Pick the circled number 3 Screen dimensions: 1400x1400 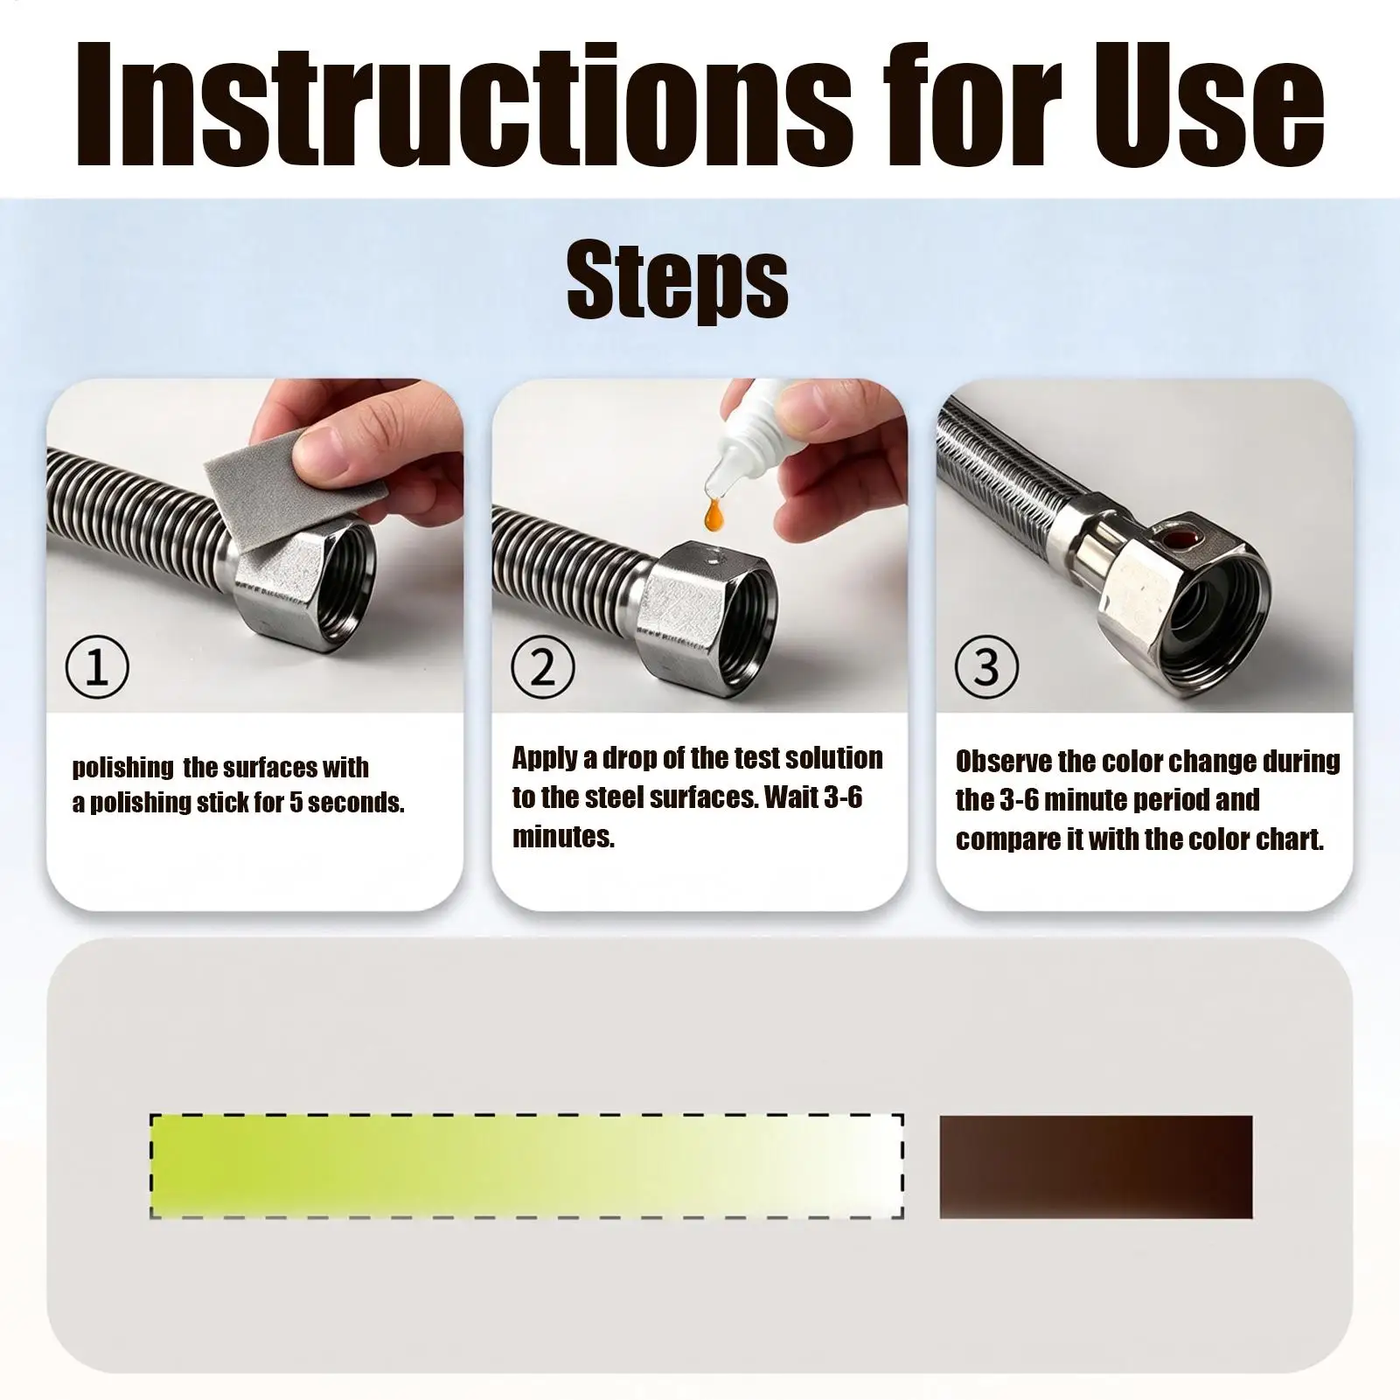(x=986, y=666)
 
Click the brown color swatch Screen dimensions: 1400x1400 (x=1096, y=1167)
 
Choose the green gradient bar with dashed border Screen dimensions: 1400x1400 (x=526, y=1167)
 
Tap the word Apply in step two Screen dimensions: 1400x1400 (x=545, y=759)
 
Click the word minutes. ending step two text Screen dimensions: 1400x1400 (x=563, y=837)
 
